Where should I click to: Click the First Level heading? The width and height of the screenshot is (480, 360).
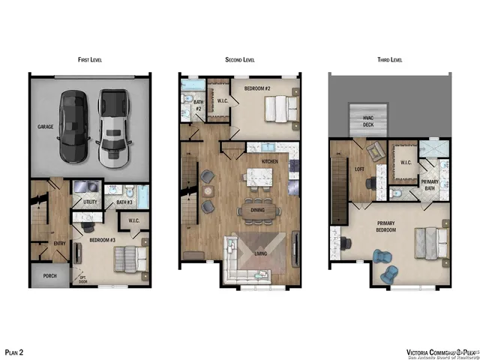click(90, 58)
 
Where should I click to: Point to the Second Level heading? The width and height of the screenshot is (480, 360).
click(240, 58)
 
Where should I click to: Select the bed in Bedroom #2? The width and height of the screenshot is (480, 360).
click(277, 111)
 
